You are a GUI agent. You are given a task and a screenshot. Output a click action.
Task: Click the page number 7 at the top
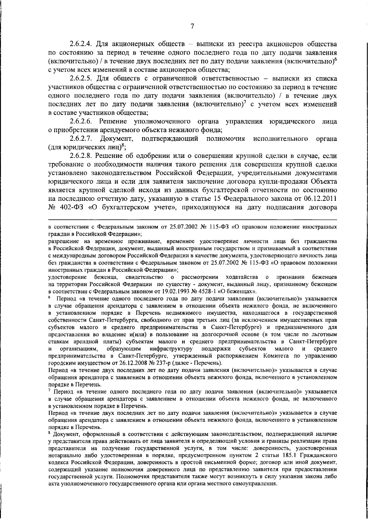point(192,26)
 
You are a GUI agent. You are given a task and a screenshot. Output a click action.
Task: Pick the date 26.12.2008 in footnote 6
point(128,363)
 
